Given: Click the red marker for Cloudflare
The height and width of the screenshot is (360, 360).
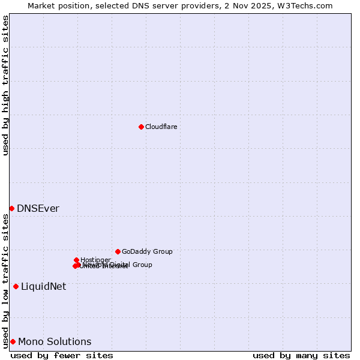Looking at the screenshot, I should [141, 127].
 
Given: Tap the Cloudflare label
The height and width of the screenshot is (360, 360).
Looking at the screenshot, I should [161, 127].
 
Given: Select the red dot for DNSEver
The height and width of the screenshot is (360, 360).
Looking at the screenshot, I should [11, 208].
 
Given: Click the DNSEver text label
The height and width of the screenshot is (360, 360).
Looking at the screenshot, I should [38, 209].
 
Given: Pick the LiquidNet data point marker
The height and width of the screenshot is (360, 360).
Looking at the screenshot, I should [16, 286].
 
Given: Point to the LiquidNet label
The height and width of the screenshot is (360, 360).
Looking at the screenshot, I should [43, 287].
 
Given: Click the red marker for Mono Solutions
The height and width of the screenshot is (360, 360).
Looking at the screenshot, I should [13, 341].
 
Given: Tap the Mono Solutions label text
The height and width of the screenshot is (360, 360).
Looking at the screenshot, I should [55, 342].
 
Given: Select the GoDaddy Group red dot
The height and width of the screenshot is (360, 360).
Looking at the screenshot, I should [118, 251].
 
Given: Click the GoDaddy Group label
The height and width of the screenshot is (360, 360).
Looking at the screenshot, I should [147, 251].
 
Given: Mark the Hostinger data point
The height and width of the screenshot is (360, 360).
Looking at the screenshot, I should [76, 260].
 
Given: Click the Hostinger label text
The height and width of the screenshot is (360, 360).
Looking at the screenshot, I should [95, 260].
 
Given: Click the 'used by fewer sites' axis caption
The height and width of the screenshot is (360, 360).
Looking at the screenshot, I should [62, 355].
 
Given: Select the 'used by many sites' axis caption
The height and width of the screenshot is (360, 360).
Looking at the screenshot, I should [301, 355].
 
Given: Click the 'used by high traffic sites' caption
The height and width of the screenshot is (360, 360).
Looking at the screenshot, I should [5, 85].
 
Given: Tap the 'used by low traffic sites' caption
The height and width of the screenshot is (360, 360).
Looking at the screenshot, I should [5, 280].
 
